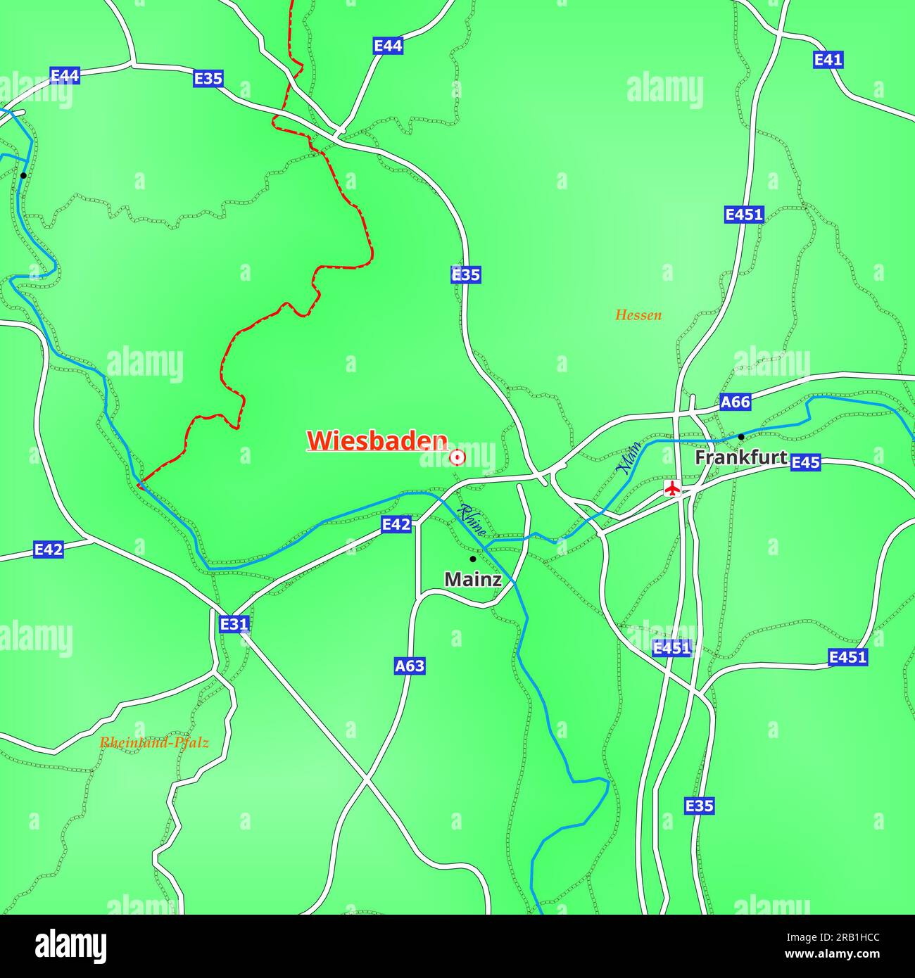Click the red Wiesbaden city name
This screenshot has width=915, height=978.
(377, 440)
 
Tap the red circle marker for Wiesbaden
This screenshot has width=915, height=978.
(458, 457)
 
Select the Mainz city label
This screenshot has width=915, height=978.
(473, 580)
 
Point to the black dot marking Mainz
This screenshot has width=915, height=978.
(473, 559)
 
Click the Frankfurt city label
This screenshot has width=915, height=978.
(741, 457)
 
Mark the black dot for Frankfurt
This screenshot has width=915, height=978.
(740, 437)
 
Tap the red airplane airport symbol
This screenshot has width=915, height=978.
(673, 488)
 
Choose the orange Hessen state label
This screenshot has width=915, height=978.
(638, 315)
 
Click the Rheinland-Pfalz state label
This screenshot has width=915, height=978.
(154, 742)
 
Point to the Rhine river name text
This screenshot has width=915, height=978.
(471, 521)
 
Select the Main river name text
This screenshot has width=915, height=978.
(629, 457)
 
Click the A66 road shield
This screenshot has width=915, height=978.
(736, 402)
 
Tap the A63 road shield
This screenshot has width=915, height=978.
(410, 666)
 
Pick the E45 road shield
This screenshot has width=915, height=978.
(805, 462)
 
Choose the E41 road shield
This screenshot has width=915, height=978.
(828, 60)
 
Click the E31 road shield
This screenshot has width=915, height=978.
(234, 624)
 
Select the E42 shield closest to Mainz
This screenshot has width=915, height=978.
(396, 524)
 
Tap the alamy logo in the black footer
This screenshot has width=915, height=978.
(71, 946)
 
